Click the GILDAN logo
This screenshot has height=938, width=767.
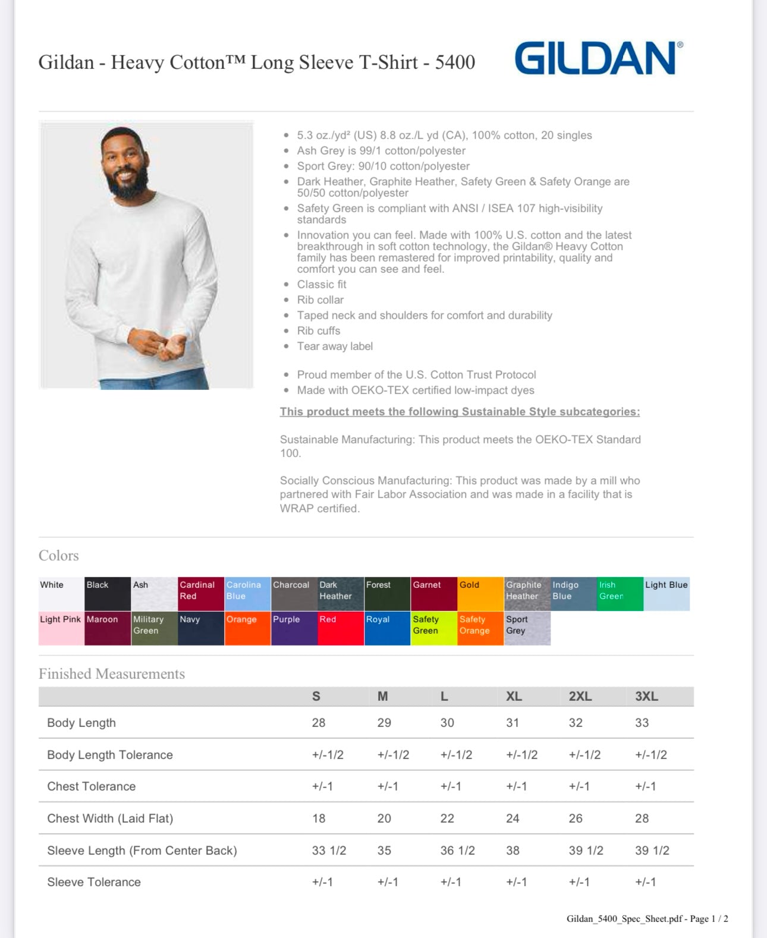[x=598, y=58]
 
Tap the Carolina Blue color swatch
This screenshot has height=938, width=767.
[x=247, y=593]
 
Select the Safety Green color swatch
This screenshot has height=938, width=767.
[x=434, y=628]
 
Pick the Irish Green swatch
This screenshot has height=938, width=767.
[x=620, y=593]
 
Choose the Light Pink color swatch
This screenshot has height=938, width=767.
[x=61, y=628]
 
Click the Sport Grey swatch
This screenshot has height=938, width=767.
[x=527, y=628]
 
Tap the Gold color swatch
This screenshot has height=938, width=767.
[x=480, y=593]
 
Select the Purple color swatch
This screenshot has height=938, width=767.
[x=294, y=628]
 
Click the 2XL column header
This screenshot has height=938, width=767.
[x=580, y=696]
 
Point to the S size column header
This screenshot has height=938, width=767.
[x=316, y=696]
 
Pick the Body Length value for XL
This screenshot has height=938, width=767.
[x=513, y=723]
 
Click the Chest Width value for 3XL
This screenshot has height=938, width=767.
[x=642, y=819]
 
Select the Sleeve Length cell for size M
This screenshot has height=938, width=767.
[x=384, y=851]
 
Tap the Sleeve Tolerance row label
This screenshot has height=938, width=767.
[x=94, y=882]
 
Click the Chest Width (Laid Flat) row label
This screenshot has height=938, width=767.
[x=110, y=819]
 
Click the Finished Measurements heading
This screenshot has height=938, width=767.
[x=112, y=673]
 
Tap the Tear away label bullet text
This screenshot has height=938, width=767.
[x=335, y=346]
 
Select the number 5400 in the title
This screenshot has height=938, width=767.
[x=455, y=62]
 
